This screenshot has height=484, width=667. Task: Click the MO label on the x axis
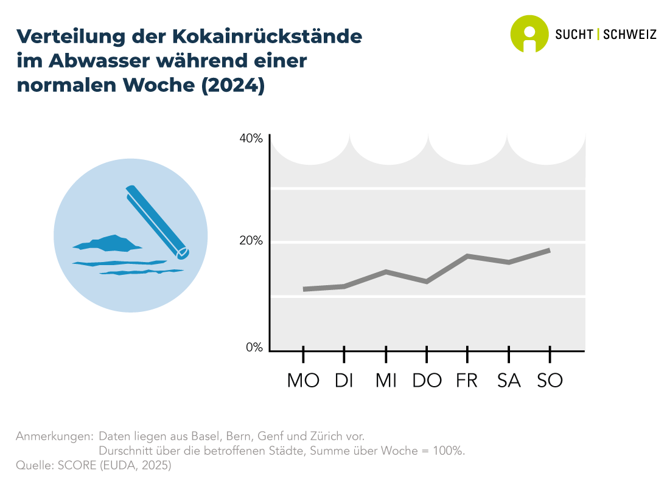click(x=303, y=380)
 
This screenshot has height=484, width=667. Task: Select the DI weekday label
click(x=344, y=380)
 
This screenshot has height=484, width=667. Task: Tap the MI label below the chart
click(x=386, y=380)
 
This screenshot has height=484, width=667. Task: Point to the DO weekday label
click(x=427, y=380)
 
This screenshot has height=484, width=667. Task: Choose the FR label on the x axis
click(x=467, y=380)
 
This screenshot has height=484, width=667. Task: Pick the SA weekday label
click(x=509, y=380)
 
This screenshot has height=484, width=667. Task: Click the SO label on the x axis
click(x=550, y=380)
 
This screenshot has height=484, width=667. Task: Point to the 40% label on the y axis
click(x=251, y=139)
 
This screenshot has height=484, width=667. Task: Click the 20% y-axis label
click(x=251, y=241)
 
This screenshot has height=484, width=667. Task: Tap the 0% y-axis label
click(x=254, y=348)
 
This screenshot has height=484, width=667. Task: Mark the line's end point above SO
click(x=549, y=251)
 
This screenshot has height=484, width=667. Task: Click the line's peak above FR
click(x=467, y=256)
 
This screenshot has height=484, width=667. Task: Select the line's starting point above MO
click(x=304, y=289)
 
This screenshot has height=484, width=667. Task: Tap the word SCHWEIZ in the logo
click(x=629, y=35)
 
